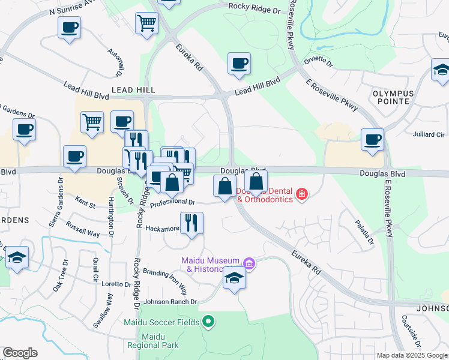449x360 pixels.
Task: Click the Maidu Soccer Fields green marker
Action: (208, 322)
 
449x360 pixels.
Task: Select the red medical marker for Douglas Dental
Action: (301, 195)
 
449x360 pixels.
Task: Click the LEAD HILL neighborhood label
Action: (133, 90)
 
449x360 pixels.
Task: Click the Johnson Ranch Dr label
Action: (169, 302)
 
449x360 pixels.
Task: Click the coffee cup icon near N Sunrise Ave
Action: (70, 27)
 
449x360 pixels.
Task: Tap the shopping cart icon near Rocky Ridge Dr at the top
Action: (146, 23)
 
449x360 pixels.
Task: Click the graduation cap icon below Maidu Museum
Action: (234, 278)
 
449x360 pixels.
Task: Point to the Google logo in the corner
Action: (20, 353)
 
